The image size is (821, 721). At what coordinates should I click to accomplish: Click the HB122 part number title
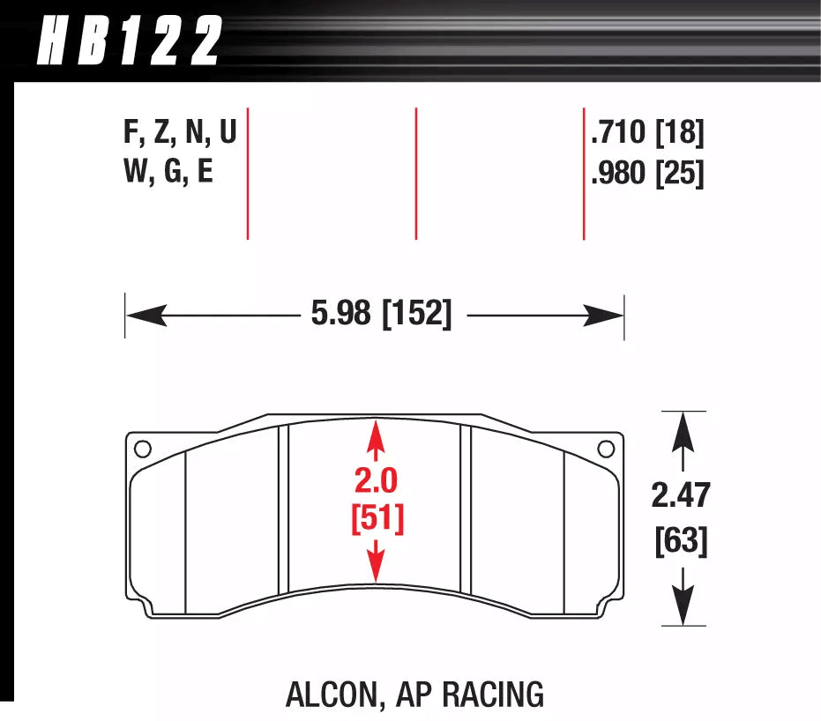(x=129, y=42)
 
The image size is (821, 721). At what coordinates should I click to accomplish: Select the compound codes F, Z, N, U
(x=180, y=133)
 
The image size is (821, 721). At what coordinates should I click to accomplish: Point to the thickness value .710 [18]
(x=647, y=133)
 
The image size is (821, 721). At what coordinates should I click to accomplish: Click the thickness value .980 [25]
(x=647, y=173)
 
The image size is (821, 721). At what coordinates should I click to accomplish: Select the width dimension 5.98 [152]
(x=381, y=315)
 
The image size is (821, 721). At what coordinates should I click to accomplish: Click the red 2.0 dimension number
(x=377, y=481)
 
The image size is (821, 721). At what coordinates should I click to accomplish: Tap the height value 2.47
(x=680, y=496)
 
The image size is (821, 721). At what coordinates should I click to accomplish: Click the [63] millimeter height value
(x=681, y=540)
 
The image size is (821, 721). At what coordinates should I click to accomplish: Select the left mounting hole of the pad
(x=143, y=448)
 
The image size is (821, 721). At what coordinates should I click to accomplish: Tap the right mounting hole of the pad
(x=606, y=448)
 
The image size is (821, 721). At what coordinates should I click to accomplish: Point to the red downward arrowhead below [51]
(x=377, y=568)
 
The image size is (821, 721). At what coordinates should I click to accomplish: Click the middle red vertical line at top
(x=415, y=173)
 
